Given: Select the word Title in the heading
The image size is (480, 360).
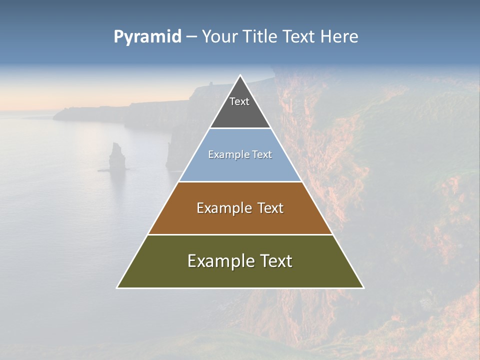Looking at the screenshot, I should [x=261, y=37].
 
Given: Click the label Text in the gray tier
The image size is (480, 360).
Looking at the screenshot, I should [x=239, y=101].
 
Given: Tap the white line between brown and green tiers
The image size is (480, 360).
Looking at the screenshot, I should [x=240, y=234].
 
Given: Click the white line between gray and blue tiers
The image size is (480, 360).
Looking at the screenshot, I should [x=240, y=128].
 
